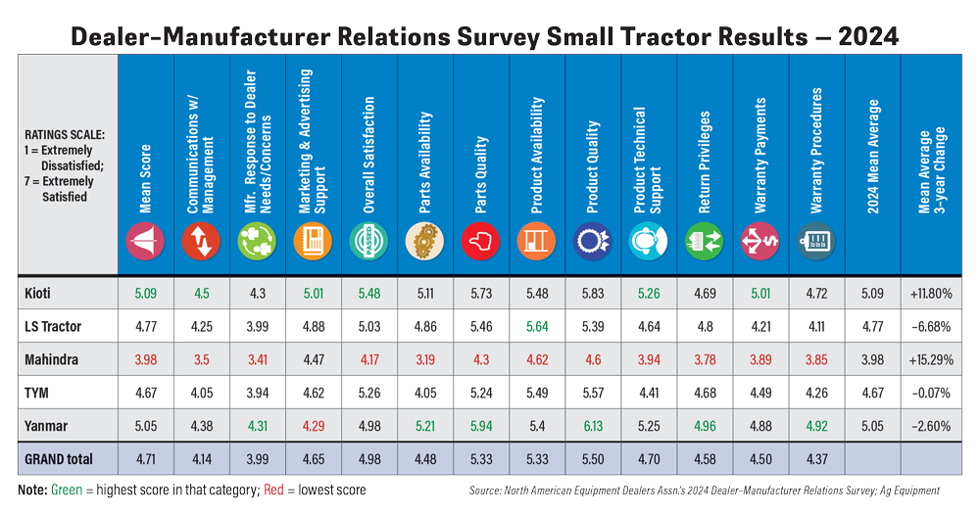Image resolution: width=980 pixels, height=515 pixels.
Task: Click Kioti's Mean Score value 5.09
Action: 144,291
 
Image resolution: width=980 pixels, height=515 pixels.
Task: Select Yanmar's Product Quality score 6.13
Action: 592,426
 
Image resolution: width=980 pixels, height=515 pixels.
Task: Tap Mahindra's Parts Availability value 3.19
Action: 424,358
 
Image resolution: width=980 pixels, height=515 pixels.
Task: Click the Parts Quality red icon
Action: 480,241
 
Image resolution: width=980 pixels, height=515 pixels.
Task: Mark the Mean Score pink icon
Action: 144,241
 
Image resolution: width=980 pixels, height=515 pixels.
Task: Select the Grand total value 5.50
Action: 592,460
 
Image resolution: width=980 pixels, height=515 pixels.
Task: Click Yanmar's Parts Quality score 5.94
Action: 480,426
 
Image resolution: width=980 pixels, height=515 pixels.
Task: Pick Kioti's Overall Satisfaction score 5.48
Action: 368,291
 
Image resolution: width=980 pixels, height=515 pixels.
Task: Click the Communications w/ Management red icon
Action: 201,241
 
